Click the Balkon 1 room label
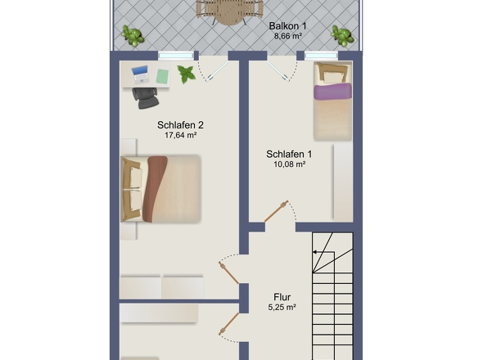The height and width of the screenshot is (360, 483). click(287, 26)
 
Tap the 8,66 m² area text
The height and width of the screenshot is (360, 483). click(287, 36)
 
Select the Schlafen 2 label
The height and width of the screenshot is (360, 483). click(180, 125)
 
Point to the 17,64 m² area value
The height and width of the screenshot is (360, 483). click(180, 135)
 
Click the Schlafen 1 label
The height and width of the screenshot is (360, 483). click(289, 154)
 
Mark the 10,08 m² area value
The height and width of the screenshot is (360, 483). click(290, 164)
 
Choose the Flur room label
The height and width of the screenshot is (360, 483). click(282, 297)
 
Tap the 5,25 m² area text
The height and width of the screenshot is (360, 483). click(282, 308)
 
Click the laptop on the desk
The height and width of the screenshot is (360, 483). click(141, 74)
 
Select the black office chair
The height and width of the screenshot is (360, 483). click(146, 98)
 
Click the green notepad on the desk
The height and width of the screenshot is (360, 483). click(162, 76)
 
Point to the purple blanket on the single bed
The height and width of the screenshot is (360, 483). click(332, 91)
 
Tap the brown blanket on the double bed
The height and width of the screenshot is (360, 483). click(155, 188)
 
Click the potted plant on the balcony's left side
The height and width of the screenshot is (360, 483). click(133, 35)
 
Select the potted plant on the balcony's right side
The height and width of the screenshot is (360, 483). click(341, 35)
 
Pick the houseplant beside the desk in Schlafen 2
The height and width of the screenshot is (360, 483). click(187, 74)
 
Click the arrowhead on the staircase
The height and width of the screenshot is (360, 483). click(315, 252)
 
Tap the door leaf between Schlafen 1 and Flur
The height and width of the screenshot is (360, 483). click(276, 211)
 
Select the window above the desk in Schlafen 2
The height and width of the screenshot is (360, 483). click(176, 56)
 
